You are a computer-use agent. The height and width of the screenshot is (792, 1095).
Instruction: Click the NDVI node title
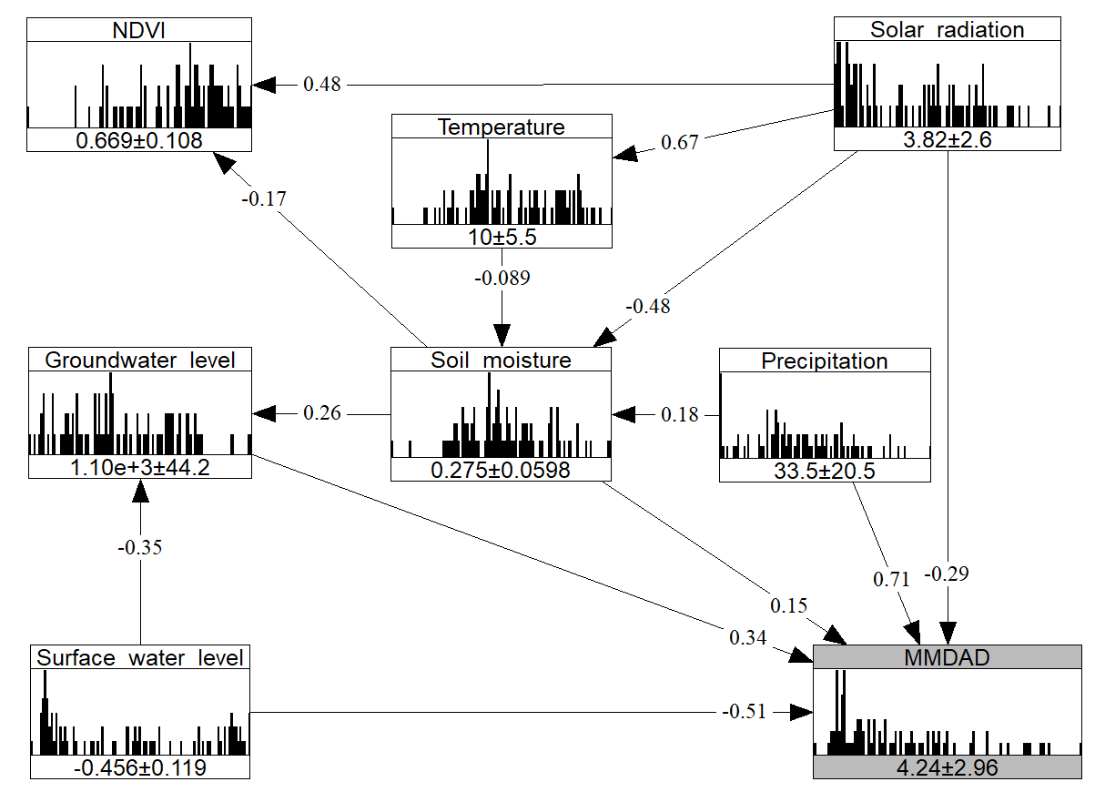(138, 31)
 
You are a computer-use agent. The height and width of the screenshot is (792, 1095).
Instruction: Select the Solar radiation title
(948, 30)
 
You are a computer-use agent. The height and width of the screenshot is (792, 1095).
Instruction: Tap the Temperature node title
(502, 127)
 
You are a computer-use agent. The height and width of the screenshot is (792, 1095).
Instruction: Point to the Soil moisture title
(502, 360)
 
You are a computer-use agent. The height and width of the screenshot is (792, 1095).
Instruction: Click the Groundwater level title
(139, 360)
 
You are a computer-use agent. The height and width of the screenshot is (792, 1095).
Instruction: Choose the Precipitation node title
(825, 360)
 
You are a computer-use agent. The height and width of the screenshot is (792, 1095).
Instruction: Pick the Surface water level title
(140, 657)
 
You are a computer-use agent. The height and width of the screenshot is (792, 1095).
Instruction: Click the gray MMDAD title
(947, 657)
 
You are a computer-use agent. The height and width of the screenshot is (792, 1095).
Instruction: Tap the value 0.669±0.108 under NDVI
(138, 139)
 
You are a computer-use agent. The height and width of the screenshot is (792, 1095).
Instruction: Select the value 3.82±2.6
(948, 139)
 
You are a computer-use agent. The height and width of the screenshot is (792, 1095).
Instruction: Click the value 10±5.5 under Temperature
(502, 236)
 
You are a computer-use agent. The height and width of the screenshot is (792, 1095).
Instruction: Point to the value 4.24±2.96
(947, 767)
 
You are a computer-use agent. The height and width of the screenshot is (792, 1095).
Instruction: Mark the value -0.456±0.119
(140, 767)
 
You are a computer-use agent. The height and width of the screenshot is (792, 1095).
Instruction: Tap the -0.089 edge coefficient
(502, 278)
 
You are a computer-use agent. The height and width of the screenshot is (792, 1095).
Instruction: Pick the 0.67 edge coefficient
(680, 142)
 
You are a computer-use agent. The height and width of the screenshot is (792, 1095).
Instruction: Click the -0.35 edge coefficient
(140, 548)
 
